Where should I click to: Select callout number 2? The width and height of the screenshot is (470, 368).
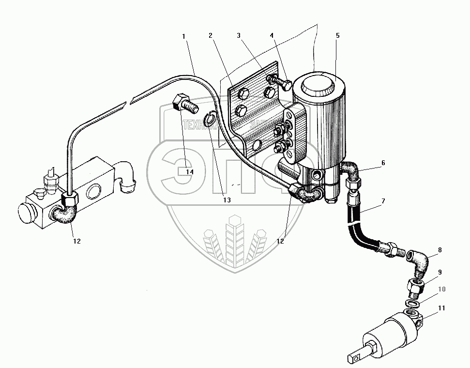pos(211,36)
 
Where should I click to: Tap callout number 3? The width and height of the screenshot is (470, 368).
pos(238,36)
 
